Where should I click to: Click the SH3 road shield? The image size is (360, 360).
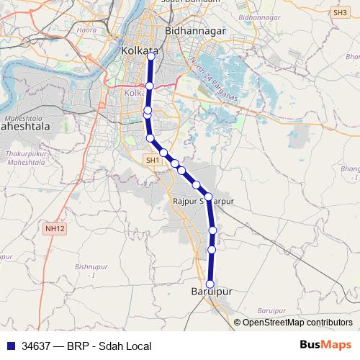[339, 12]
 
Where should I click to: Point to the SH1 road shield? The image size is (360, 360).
[152, 160]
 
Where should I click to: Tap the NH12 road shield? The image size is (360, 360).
[54, 228]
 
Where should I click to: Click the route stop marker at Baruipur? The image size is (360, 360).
[211, 284]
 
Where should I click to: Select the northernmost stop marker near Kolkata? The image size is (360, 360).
[150, 58]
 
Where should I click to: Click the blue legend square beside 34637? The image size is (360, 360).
[9, 346]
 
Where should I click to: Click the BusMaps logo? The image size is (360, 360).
[326, 345]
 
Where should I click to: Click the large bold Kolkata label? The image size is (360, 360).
[140, 52]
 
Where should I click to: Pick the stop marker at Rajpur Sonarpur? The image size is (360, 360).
[207, 196]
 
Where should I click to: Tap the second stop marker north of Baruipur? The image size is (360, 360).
[212, 230]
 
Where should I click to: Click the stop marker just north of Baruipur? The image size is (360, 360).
[212, 249]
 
